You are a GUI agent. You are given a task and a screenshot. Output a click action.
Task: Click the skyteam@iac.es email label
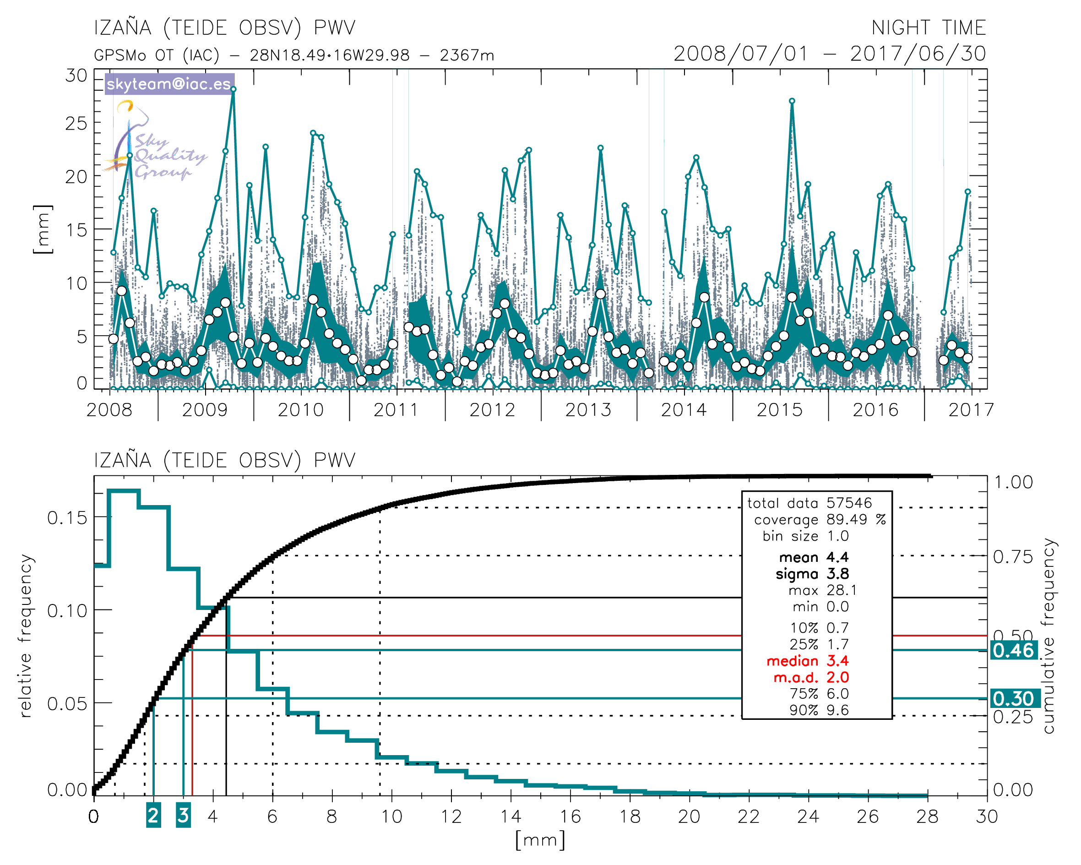click(169, 84)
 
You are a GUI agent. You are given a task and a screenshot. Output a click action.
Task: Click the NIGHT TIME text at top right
click(928, 27)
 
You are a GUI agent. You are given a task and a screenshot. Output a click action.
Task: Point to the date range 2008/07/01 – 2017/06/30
click(829, 54)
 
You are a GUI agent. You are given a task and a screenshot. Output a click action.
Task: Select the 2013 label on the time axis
click(588, 410)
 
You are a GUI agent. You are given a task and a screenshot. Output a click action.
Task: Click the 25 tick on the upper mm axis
click(76, 123)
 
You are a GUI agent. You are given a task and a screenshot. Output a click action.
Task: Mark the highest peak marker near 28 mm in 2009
click(233, 90)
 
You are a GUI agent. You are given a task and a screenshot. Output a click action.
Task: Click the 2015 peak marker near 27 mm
click(792, 101)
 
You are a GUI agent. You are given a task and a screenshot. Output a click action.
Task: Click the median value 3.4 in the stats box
click(837, 661)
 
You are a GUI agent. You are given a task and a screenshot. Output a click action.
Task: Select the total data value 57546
click(849, 503)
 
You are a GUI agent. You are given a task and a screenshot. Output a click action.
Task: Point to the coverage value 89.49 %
click(855, 519)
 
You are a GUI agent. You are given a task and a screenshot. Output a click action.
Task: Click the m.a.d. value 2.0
click(837, 677)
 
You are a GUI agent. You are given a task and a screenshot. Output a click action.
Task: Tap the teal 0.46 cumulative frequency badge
click(1013, 650)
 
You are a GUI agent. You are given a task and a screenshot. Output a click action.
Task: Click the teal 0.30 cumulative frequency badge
click(1013, 698)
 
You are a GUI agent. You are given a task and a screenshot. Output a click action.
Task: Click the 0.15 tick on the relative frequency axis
click(67, 517)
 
